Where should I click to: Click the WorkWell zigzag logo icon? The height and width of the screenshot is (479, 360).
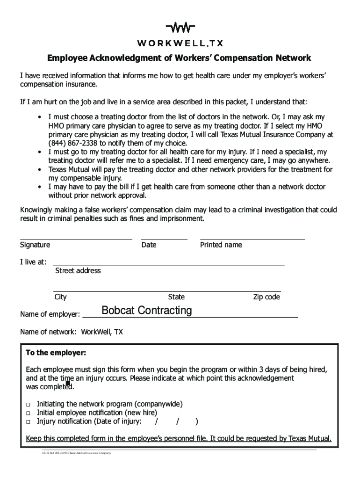[x=180, y=28]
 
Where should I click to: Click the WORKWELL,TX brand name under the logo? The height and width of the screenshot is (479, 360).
[x=180, y=44]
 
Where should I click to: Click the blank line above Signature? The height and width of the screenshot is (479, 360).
[x=76, y=238]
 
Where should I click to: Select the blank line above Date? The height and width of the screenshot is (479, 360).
[x=164, y=238]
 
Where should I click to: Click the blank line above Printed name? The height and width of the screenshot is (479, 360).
[x=252, y=238]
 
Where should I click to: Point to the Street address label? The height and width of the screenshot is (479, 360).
[x=78, y=270]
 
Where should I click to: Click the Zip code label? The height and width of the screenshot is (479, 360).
[x=266, y=297]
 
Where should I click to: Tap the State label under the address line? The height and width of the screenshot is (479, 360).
[x=176, y=297]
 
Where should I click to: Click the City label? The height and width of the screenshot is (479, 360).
[x=60, y=297]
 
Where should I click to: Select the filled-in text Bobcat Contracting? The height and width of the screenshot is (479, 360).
[x=146, y=311]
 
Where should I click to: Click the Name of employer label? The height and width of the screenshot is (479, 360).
[x=50, y=314]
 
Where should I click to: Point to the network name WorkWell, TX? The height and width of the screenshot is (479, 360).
[x=102, y=332]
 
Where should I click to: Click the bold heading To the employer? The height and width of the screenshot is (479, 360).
[x=56, y=352]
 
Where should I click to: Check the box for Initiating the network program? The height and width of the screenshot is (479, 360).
[x=29, y=404]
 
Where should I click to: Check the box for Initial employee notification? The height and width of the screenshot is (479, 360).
[x=29, y=413]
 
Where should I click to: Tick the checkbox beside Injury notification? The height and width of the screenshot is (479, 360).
[x=29, y=422]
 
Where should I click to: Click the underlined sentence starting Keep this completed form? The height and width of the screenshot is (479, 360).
[x=179, y=439]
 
